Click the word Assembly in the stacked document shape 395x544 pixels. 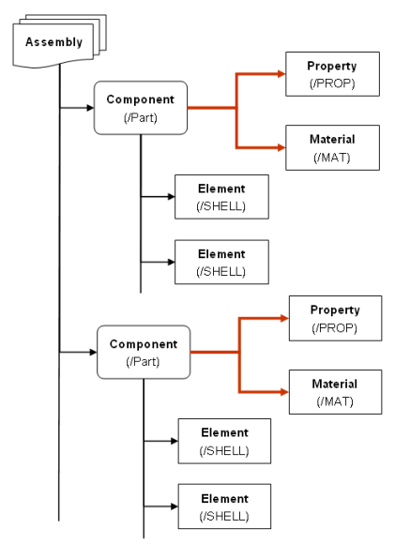53,42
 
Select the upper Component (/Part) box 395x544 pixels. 141,108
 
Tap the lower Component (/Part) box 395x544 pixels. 144,352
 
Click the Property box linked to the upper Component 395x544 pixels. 332,74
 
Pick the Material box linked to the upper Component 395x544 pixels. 332,148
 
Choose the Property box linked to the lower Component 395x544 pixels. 335,318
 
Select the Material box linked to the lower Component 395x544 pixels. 335,392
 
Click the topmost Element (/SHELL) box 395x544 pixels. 221,197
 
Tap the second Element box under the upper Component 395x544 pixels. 221,262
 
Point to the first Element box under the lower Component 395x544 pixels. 224,441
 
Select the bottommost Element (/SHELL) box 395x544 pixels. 224,506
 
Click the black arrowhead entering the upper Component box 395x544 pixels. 90,108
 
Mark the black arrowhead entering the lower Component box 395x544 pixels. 93,352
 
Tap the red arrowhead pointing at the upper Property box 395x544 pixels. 281,73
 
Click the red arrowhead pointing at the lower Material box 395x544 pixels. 284,392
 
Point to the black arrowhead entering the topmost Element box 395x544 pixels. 171,197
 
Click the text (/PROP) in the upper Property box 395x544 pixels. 332,83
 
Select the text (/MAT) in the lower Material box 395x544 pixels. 335,401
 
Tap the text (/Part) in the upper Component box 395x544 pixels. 141,117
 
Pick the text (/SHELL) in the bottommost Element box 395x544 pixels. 224,516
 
